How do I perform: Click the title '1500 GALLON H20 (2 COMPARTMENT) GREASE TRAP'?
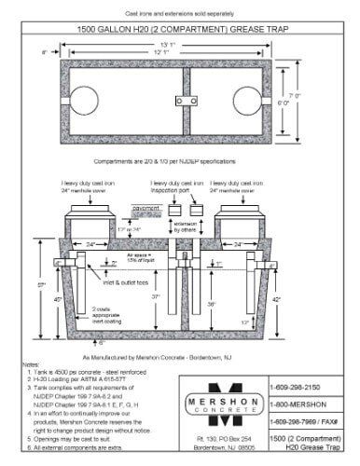click(x=179, y=27)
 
